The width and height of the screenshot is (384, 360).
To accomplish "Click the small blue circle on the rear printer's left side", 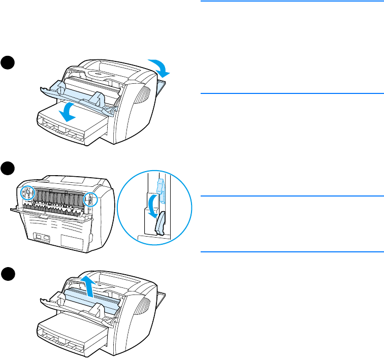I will [27, 193].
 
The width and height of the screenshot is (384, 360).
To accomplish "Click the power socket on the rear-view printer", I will [39, 237].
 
